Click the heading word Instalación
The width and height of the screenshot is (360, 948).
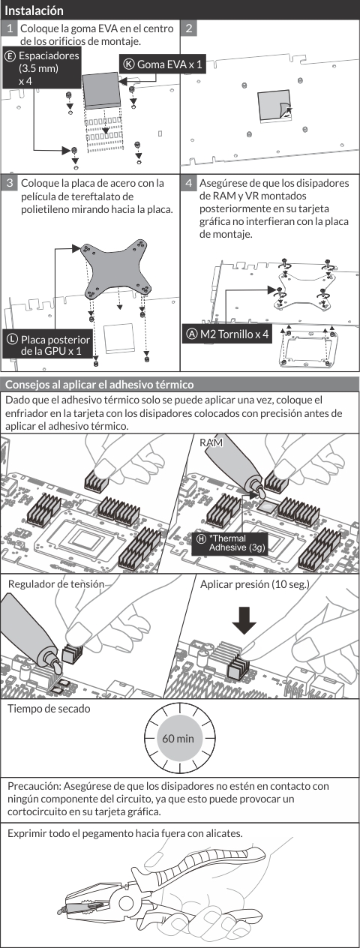tap(34, 10)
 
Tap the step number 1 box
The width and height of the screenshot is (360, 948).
tap(9, 28)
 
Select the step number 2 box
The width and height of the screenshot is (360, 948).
tap(189, 28)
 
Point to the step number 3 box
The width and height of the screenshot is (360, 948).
tap(9, 183)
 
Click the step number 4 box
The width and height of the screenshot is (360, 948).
tap(189, 183)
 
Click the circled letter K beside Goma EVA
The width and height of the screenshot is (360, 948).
tap(128, 64)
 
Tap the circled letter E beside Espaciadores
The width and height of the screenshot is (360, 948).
tap(10, 55)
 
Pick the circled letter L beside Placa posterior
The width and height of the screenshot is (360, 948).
tap(12, 339)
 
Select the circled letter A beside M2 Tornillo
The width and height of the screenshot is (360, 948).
tap(192, 334)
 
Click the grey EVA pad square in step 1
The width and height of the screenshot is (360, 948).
tap(101, 90)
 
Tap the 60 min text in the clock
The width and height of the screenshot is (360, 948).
tap(178, 739)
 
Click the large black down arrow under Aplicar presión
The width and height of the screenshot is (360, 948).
tap(244, 621)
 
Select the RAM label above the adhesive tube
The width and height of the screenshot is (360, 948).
tap(211, 442)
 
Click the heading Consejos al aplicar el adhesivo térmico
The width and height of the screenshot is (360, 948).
tap(100, 385)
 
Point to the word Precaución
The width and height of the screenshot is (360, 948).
tap(35, 786)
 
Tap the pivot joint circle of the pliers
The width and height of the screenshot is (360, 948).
tap(127, 902)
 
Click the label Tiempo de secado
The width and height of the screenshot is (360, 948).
tap(49, 709)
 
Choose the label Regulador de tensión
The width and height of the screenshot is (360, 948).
tap(56, 584)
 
